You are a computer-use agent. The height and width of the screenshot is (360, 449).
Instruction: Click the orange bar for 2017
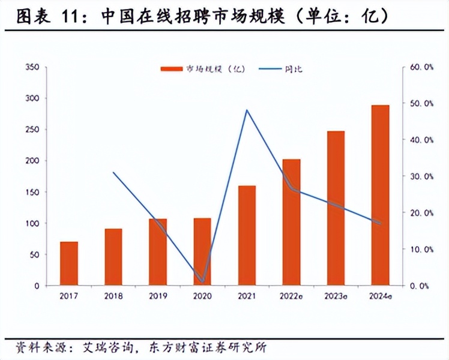pyautogui.click(x=69, y=263)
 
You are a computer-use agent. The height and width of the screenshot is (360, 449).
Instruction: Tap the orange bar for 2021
pyautogui.click(x=247, y=235)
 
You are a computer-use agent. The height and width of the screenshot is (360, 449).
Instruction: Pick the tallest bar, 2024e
pyautogui.click(x=380, y=194)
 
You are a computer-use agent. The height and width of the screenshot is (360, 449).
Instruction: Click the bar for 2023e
pyautogui.click(x=336, y=208)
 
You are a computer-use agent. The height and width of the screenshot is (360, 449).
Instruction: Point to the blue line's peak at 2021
pyautogui.click(x=247, y=110)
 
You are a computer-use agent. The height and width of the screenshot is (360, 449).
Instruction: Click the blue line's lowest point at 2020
pyautogui.click(x=202, y=281)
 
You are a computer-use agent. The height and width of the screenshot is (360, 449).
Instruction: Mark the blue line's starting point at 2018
pyautogui.click(x=113, y=172)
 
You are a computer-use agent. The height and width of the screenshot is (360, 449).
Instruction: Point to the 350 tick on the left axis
pyautogui.click(x=32, y=67)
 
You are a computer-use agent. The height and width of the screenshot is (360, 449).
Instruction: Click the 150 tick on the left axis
pyautogui.click(x=32, y=192)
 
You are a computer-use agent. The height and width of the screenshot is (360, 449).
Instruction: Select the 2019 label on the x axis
pyautogui.click(x=158, y=296)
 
